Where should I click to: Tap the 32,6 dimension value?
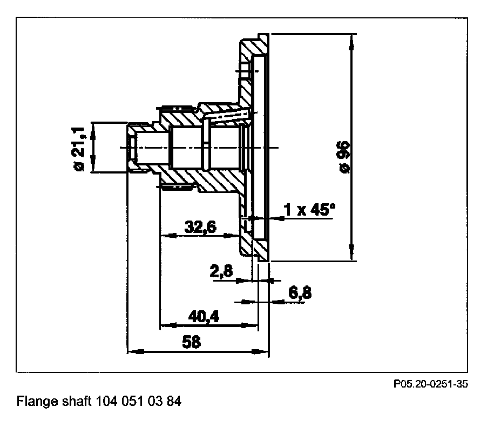[200, 228]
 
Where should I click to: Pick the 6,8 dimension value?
[300, 293]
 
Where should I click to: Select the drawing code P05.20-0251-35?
[430, 384]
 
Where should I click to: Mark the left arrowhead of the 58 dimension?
[133, 352]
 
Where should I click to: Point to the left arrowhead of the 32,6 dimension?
[167, 236]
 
